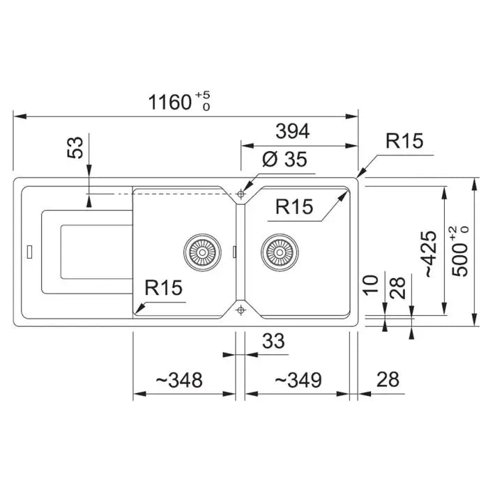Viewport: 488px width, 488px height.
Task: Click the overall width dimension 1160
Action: click(x=169, y=102)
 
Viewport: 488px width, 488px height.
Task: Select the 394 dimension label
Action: click(x=293, y=131)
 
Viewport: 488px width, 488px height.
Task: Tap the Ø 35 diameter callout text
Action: click(x=284, y=159)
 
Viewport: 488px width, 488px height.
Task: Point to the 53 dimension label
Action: click(x=75, y=148)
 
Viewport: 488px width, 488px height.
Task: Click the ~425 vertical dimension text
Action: click(x=430, y=254)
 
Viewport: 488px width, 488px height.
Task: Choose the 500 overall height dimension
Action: click(x=460, y=260)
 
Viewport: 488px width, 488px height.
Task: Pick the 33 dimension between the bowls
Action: click(x=273, y=341)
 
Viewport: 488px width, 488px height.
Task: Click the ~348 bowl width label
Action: click(x=179, y=380)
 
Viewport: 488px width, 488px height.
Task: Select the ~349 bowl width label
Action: click(x=298, y=380)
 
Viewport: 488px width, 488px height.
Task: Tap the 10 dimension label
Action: click(x=371, y=284)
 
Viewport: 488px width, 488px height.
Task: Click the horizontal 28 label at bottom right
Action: click(x=388, y=379)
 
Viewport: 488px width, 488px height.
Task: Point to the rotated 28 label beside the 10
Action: click(x=398, y=288)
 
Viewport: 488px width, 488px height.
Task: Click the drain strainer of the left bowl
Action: click(x=202, y=252)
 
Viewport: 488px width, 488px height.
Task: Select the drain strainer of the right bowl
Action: click(x=280, y=252)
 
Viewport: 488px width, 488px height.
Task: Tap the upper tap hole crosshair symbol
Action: click(x=241, y=195)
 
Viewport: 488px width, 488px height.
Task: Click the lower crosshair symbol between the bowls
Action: click(x=241, y=310)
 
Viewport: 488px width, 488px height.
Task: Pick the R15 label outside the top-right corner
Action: click(x=404, y=141)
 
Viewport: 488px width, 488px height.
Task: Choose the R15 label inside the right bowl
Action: click(x=294, y=206)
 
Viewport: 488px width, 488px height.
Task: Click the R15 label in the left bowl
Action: click(x=163, y=287)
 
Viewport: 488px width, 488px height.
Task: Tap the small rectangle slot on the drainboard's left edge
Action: click(x=29, y=252)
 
